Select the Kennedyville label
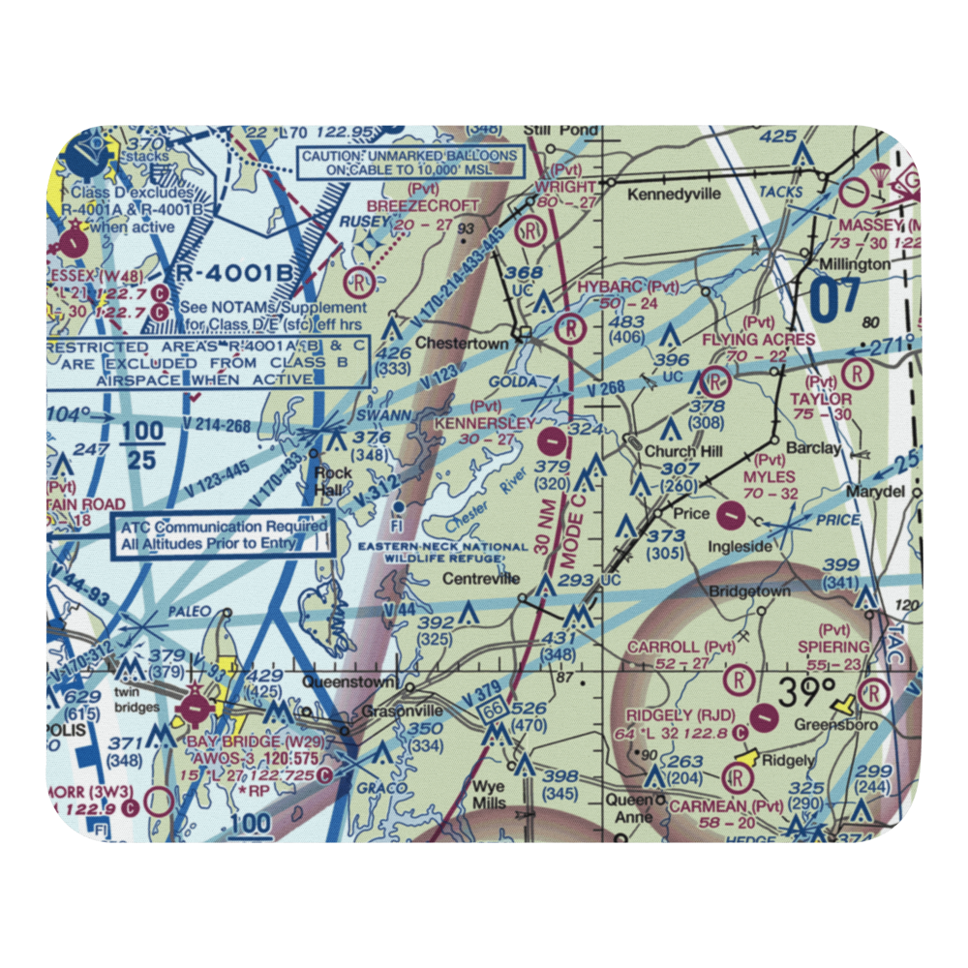tap(675, 194)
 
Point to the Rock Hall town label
tap(334, 480)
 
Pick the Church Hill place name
tap(670, 451)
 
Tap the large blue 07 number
tap(834, 301)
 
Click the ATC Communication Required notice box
tap(224, 535)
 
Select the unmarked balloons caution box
tap(409, 163)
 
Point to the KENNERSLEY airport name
tap(485, 423)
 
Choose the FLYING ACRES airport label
tap(759, 340)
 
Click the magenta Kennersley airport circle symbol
tap(552, 442)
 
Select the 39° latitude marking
tap(807, 692)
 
